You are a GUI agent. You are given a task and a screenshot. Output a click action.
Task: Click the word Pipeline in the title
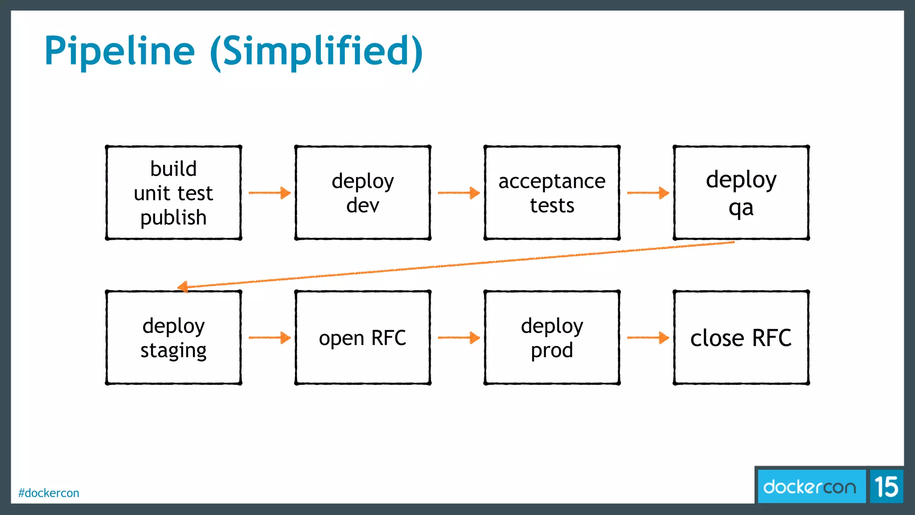click(x=119, y=51)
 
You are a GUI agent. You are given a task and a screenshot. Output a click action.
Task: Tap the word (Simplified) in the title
click(x=316, y=51)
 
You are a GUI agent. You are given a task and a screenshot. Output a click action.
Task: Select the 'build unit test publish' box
click(x=173, y=193)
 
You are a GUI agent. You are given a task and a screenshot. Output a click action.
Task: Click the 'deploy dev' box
click(x=363, y=193)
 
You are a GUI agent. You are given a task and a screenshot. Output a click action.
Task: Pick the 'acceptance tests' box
click(x=552, y=193)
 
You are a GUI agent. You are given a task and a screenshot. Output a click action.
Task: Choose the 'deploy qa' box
click(x=741, y=193)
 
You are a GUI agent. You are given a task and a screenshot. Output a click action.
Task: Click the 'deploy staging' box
click(x=173, y=338)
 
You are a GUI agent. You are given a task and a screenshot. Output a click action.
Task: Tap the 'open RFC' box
click(x=363, y=338)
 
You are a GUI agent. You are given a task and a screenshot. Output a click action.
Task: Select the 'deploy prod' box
click(x=552, y=338)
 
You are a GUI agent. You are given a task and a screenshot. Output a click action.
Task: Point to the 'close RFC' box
click(x=741, y=338)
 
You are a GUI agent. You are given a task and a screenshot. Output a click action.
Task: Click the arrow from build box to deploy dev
click(x=269, y=193)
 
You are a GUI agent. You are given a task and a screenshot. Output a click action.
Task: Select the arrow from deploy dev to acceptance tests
click(x=458, y=193)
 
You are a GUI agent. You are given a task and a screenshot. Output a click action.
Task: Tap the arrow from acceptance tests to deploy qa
click(x=648, y=193)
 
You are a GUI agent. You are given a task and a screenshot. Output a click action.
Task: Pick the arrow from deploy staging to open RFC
click(x=269, y=338)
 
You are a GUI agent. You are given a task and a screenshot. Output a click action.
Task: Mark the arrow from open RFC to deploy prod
click(x=458, y=338)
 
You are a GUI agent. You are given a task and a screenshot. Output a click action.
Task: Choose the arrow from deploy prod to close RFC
click(x=648, y=338)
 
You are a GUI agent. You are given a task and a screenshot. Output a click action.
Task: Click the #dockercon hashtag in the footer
click(x=49, y=493)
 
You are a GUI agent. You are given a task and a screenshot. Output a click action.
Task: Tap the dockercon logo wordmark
click(x=810, y=487)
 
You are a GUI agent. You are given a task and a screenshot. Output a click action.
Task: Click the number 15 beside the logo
click(x=886, y=487)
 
